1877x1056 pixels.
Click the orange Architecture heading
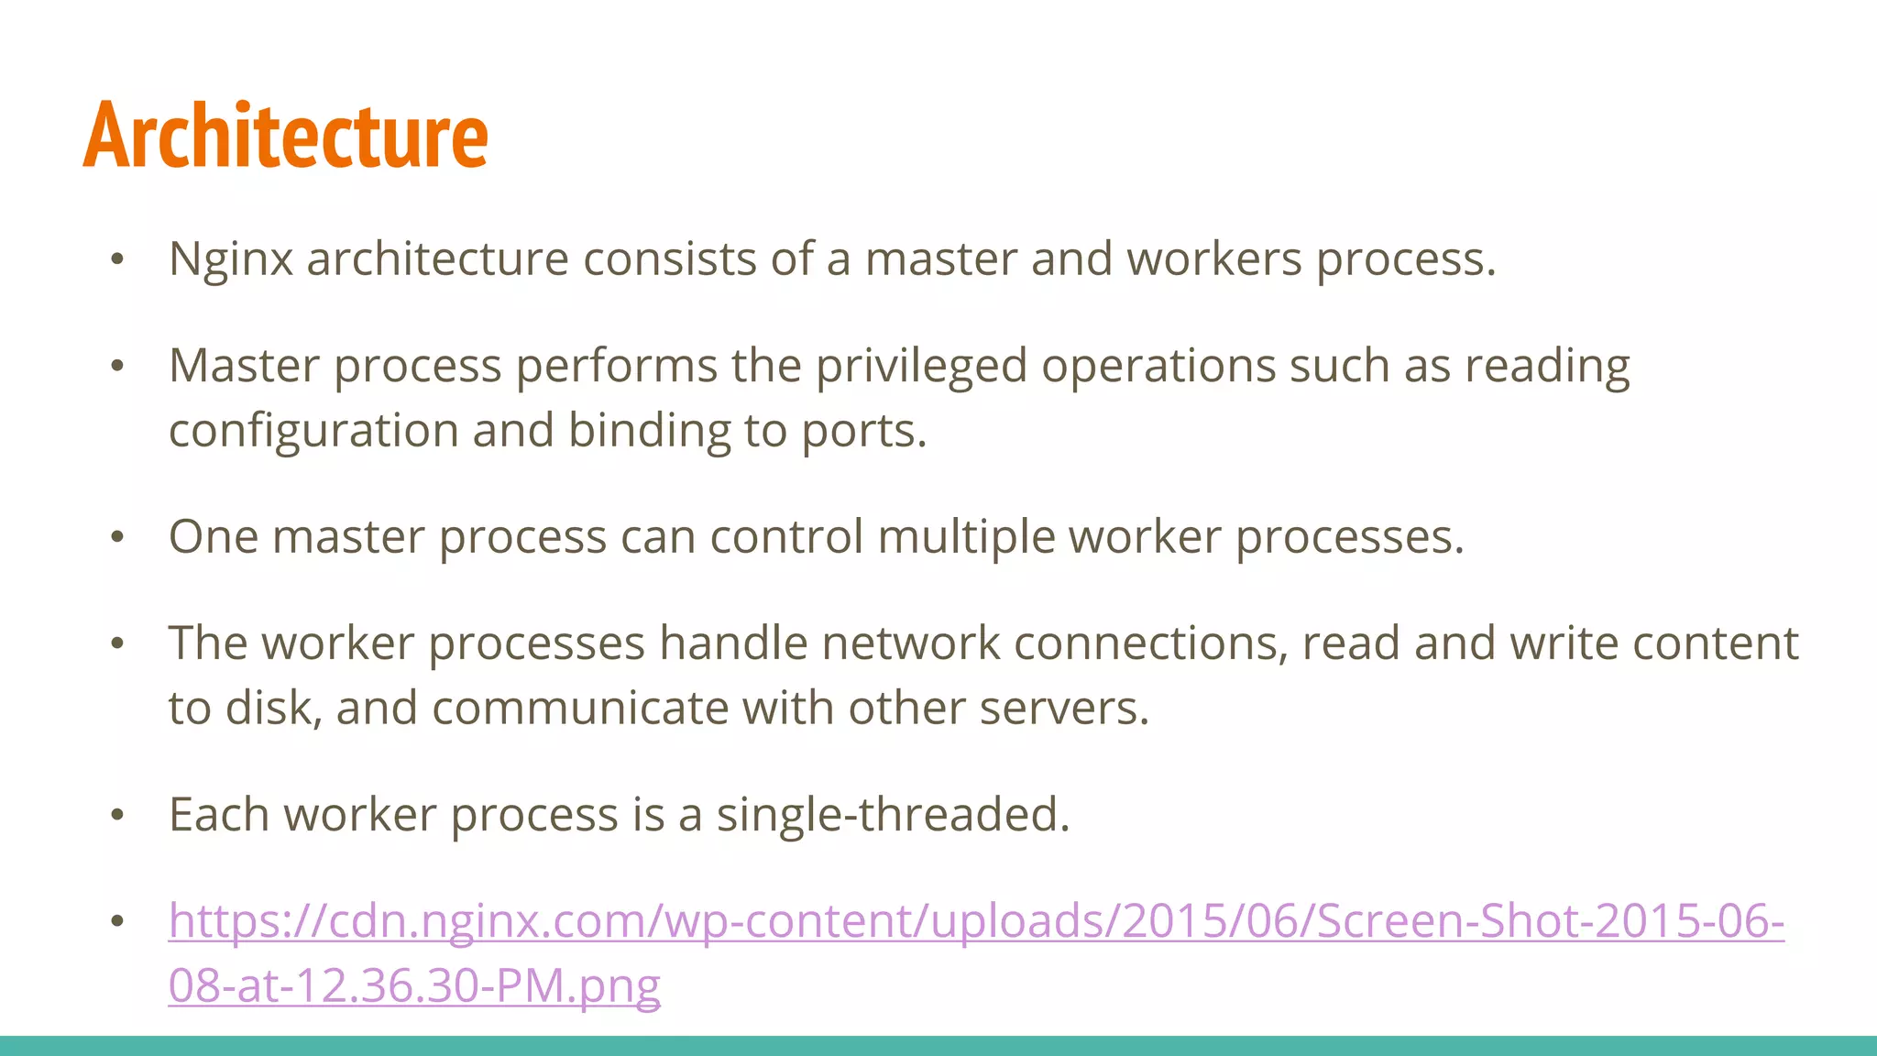(285, 136)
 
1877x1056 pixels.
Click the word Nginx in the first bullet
(230, 259)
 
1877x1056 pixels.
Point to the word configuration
(313, 431)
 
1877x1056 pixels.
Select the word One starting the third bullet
(214, 537)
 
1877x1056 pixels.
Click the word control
(786, 537)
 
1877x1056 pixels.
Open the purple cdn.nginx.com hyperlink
(976, 921)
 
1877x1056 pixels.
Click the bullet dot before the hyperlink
(116, 921)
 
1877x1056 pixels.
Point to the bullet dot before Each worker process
(116, 815)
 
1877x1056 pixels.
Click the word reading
(1546, 367)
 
